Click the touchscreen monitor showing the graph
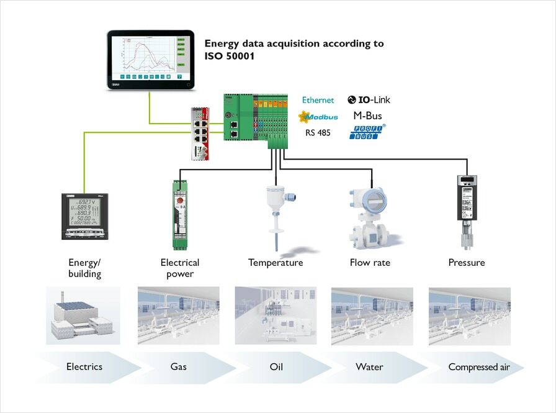[150, 60]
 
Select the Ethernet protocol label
[318, 100]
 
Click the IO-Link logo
[369, 99]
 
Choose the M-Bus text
[367, 116]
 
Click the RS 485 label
[318, 132]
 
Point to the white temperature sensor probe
[274, 211]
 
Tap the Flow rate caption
[370, 263]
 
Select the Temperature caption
[276, 263]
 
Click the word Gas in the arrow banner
[179, 367]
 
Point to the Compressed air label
[479, 367]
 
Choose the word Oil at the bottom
[276, 367]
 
